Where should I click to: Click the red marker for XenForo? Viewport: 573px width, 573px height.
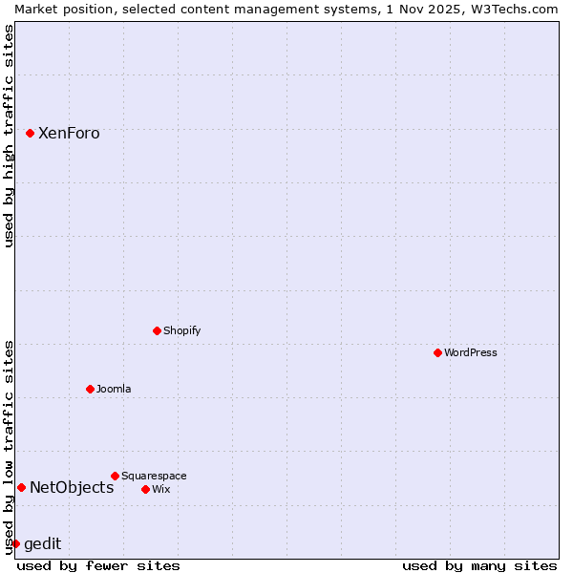pos(30,133)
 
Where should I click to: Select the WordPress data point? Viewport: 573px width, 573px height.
pos(437,352)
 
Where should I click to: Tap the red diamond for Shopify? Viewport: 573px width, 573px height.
pos(157,330)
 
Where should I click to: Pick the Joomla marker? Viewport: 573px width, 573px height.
pos(90,389)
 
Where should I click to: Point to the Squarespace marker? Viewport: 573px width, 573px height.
pos(115,476)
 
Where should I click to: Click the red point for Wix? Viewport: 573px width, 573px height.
pos(145,489)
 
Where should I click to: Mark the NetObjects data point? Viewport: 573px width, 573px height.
pos(21,487)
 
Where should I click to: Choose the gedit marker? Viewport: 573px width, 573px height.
pos(15,543)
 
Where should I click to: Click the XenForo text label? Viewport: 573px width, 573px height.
pos(69,133)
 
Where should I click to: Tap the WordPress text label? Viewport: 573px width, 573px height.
pos(471,352)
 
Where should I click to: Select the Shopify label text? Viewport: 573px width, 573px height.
pos(181,330)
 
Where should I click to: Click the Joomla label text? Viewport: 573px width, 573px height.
pos(114,389)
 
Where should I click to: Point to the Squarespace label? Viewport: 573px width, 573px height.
pos(154,476)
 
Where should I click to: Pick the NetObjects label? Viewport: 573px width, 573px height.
pos(72,487)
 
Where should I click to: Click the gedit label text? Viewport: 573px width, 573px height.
pos(42,543)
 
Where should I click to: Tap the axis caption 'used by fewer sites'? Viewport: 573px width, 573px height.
pos(98,565)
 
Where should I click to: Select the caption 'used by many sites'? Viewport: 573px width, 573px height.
pos(479,565)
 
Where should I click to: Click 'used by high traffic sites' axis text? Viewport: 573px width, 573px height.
pos(9,136)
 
